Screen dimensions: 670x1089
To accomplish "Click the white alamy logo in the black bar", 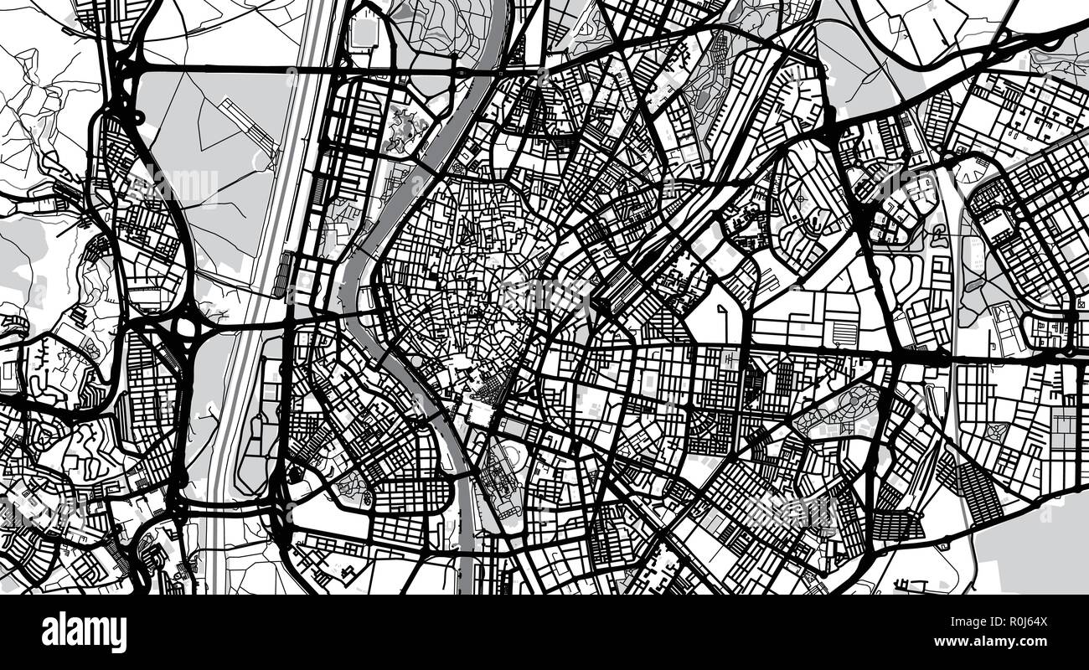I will tap(84, 631).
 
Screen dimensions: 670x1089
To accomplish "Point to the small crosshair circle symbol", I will tap(800, 198).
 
